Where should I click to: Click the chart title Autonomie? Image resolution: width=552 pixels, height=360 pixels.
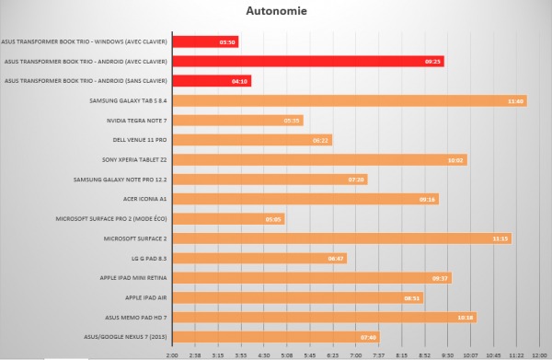[x=275, y=12]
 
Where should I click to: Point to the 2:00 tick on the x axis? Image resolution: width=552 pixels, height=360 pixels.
[x=172, y=353]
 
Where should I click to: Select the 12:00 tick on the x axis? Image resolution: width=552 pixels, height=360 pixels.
[x=540, y=353]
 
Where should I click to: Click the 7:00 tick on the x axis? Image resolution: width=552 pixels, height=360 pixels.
[x=356, y=353]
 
